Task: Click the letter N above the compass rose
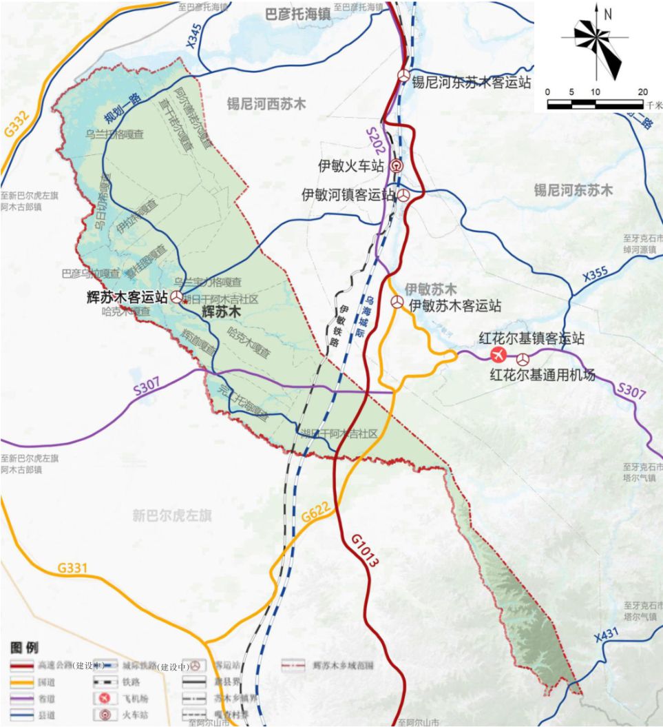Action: [x=608, y=13]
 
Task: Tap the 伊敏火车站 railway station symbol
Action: [x=397, y=165]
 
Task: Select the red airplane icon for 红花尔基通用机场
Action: [x=498, y=356]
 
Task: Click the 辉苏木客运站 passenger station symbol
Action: [x=177, y=297]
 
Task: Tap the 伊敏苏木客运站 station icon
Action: [x=397, y=302]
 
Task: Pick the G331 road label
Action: [x=72, y=569]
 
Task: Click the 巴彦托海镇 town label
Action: [x=298, y=13]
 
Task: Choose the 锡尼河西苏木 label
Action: [x=266, y=104]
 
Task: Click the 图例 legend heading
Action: [x=24, y=648]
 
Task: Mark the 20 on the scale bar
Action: [x=642, y=92]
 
